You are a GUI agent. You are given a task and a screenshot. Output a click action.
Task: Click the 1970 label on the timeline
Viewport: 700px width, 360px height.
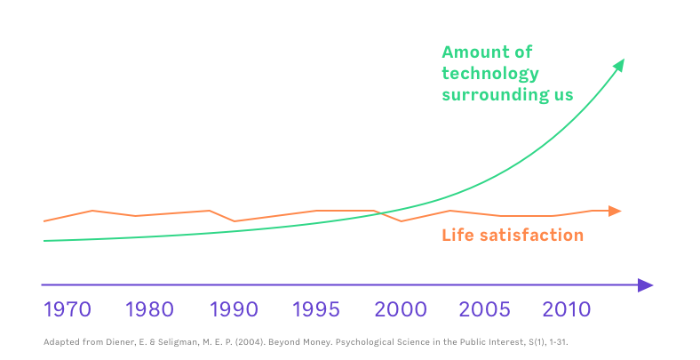click(x=68, y=310)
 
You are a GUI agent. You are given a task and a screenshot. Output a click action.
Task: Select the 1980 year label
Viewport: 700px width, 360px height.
click(x=149, y=310)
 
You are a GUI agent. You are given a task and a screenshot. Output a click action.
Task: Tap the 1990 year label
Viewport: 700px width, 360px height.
click(x=233, y=310)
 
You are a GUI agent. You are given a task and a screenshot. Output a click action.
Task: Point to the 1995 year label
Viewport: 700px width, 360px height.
click(x=316, y=310)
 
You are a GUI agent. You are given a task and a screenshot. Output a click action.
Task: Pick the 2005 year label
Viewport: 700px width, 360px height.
click(x=485, y=310)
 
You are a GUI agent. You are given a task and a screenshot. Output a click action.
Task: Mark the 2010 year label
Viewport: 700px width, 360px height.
click(x=566, y=310)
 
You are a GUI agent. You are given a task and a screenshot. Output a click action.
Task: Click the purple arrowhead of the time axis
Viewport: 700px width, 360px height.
click(x=646, y=285)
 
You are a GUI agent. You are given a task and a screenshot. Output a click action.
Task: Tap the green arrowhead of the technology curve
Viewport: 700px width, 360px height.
click(x=619, y=65)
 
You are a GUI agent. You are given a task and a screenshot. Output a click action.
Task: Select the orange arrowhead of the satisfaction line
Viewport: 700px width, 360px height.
click(x=615, y=211)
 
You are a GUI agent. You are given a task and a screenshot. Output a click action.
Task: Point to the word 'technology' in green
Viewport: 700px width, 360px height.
click(x=490, y=74)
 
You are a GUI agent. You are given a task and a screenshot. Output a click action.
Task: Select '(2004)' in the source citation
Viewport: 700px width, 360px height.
click(x=258, y=341)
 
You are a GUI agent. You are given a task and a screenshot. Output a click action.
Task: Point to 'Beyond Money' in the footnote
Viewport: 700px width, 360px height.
click(x=309, y=341)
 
